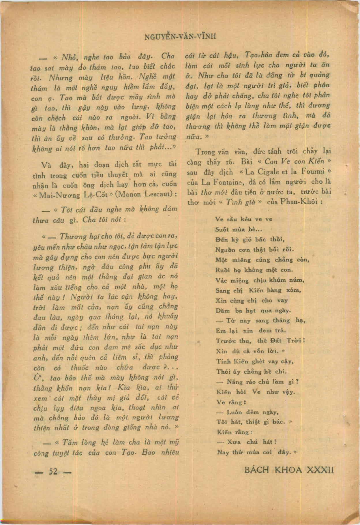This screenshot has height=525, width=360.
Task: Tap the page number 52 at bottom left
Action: (x=53, y=471)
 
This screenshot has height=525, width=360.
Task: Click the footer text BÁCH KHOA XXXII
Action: (x=289, y=470)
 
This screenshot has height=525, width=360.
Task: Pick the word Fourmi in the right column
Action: (x=313, y=171)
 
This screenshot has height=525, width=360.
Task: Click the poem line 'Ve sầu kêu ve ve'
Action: (x=244, y=219)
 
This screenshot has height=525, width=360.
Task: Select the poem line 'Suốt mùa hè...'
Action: (x=239, y=229)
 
